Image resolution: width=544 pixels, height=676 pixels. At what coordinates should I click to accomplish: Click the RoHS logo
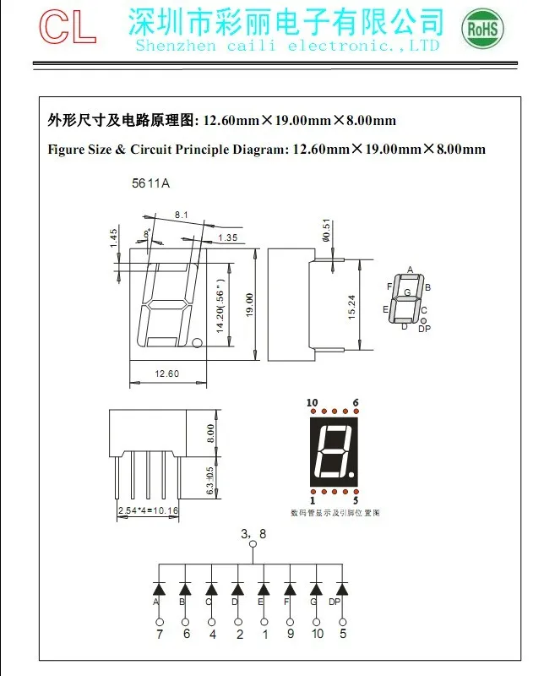click(x=482, y=30)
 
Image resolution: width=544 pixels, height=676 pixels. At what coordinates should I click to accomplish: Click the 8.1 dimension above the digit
click(x=181, y=215)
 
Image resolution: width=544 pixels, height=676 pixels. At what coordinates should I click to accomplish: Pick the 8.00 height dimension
click(x=210, y=434)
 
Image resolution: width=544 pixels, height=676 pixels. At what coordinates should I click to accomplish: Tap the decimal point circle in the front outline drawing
click(x=196, y=343)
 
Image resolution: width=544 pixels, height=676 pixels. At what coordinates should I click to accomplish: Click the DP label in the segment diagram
click(x=424, y=329)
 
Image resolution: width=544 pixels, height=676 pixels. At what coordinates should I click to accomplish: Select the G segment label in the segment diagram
click(x=407, y=293)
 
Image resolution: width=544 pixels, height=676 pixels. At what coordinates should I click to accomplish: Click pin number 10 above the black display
click(x=312, y=402)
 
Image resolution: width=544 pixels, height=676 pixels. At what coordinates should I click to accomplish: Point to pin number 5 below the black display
click(x=356, y=500)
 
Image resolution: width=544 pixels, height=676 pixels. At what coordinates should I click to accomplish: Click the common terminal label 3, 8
click(x=253, y=534)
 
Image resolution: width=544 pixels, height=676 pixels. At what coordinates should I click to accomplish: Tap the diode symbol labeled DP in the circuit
click(x=342, y=587)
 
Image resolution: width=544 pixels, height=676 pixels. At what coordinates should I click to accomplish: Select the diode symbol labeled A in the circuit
click(x=157, y=587)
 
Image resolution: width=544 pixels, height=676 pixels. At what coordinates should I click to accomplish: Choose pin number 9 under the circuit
click(x=290, y=633)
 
